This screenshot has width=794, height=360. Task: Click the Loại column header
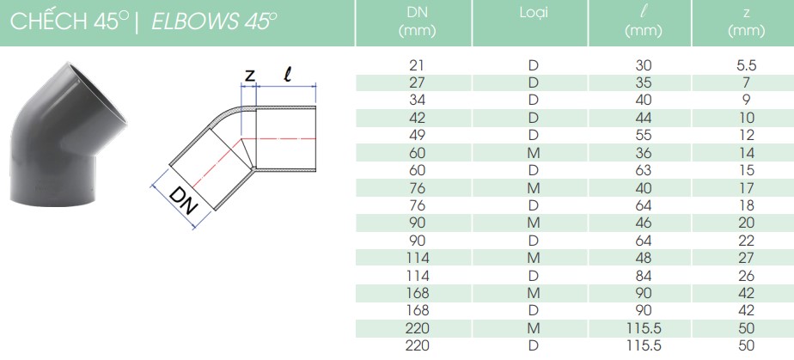pyautogui.click(x=534, y=14)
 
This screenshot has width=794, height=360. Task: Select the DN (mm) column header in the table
pyautogui.click(x=418, y=22)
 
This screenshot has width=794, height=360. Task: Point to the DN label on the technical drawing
pyautogui.click(x=182, y=200)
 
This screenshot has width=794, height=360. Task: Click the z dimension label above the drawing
pyautogui.click(x=249, y=76)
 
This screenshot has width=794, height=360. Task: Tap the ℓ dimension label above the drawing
pyautogui.click(x=288, y=75)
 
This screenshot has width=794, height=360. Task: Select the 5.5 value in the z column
pyautogui.click(x=747, y=65)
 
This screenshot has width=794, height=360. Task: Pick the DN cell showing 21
pyautogui.click(x=418, y=65)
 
